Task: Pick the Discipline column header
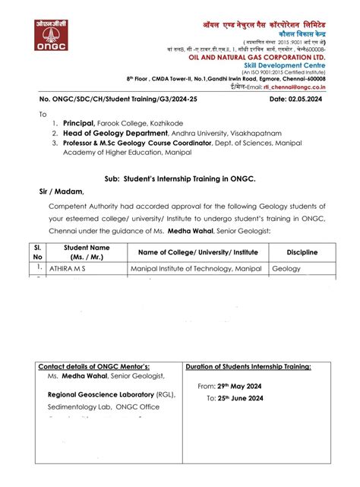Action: pyautogui.click(x=302, y=252)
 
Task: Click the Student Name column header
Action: pyautogui.click(x=87, y=252)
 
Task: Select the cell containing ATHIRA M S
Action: pyautogui.click(x=71, y=268)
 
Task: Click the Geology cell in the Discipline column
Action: pyautogui.click(x=286, y=268)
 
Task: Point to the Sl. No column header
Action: pyautogui.click(x=36, y=252)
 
